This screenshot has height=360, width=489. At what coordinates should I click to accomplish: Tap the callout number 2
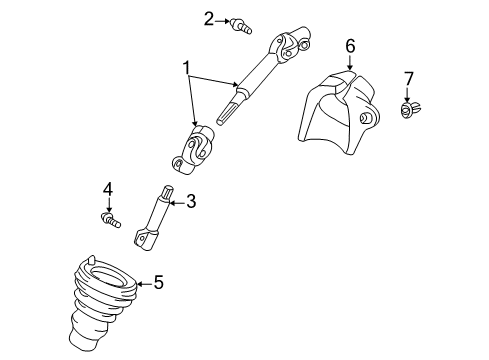(208, 17)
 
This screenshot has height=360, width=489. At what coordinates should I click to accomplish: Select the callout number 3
(191, 201)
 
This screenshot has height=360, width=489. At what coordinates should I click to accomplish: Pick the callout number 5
(158, 283)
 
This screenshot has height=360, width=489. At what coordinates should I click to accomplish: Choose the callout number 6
(350, 46)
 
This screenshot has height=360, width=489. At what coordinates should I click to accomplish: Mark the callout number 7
(408, 77)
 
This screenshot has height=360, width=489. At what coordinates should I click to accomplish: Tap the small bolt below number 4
(109, 217)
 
